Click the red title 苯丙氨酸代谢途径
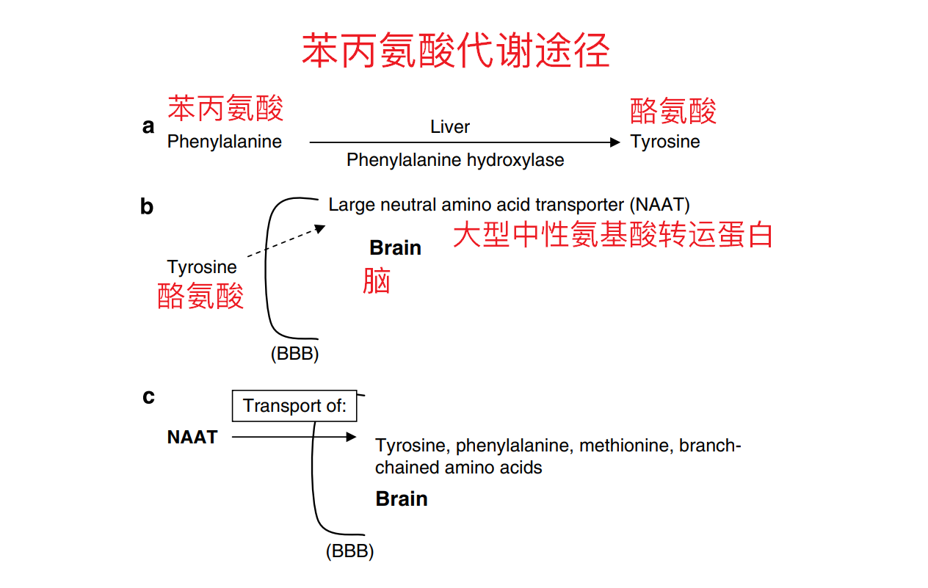click(x=455, y=51)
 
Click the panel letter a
click(x=148, y=127)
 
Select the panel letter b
click(x=147, y=207)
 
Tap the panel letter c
click(x=148, y=397)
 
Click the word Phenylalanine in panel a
click(x=224, y=142)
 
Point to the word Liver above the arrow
click(x=449, y=127)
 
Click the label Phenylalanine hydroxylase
click(x=455, y=160)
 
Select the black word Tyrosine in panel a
click(x=665, y=142)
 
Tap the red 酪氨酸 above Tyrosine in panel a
click(x=673, y=111)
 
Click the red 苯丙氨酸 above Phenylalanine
click(x=225, y=108)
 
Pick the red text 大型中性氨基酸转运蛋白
click(x=612, y=235)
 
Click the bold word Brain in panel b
click(x=395, y=248)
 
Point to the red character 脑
click(x=377, y=280)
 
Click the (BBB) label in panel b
click(x=294, y=354)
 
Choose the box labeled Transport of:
click(x=294, y=406)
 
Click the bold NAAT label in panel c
click(x=192, y=438)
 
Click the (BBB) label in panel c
click(x=349, y=551)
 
